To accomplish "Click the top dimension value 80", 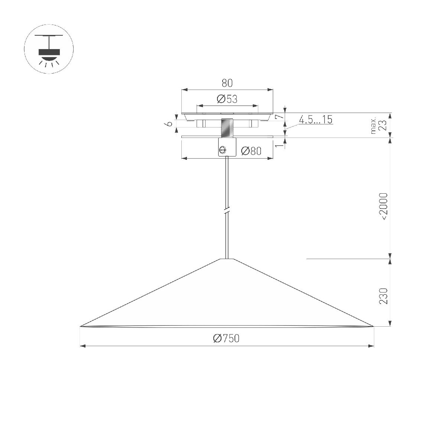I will pos(227,83).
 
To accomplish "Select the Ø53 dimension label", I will pos(227,99).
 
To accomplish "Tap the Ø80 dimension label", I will pos(251,151).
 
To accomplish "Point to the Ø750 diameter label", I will pos(226,338).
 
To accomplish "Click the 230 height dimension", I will pos(383,296).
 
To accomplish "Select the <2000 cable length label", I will pos(383,206).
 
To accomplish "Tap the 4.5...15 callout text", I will pos(315,120).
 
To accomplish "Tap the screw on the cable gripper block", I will pos(223,149).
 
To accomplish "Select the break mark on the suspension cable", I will pos(227,211).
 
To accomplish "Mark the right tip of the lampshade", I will pos(372,326).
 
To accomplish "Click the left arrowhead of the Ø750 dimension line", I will pos(83,346).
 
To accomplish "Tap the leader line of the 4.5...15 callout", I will pos(292,127).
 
